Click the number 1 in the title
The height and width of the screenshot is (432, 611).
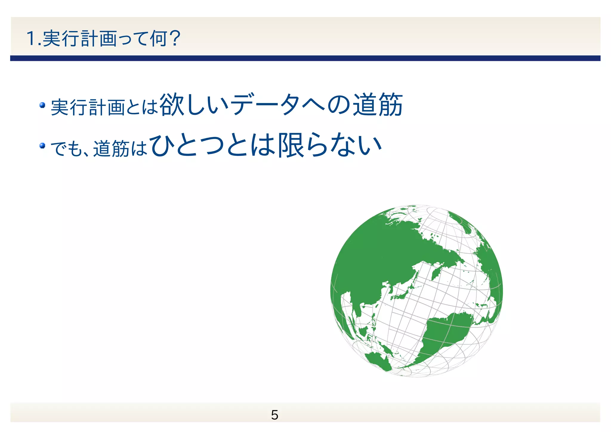click(31, 39)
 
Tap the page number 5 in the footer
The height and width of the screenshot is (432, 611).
click(274, 415)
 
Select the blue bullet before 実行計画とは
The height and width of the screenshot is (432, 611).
click(42, 105)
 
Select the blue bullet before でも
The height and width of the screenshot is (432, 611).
click(42, 145)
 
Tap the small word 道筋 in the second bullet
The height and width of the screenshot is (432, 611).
click(111, 148)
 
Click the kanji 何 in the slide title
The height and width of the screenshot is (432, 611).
click(158, 39)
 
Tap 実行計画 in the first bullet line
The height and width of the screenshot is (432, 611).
click(88, 107)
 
